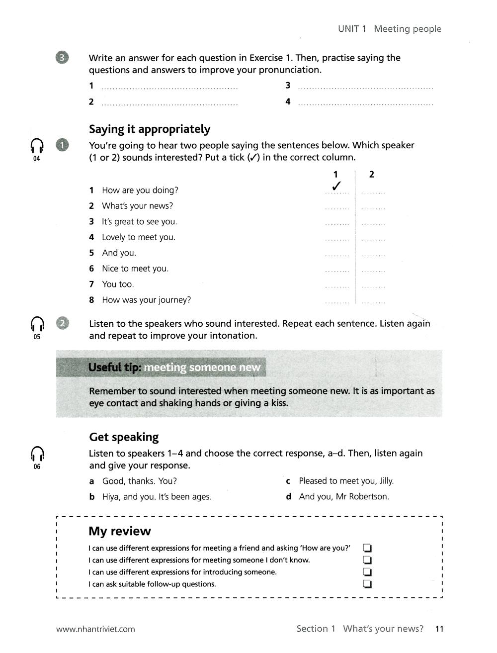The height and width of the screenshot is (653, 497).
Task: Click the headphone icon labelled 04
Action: [x=37, y=146]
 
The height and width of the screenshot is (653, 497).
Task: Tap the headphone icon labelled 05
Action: [x=37, y=324]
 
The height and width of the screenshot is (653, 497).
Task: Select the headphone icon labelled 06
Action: [x=37, y=454]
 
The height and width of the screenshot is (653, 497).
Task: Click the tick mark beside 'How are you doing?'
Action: [x=336, y=187]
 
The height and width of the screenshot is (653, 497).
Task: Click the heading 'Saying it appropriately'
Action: [x=150, y=129]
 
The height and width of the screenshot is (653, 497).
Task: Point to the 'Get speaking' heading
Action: [x=124, y=437]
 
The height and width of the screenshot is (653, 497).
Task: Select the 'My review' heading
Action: [x=119, y=531]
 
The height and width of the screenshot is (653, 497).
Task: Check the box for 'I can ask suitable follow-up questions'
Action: [x=368, y=584]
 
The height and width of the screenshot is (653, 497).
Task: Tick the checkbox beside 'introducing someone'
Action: [x=368, y=572]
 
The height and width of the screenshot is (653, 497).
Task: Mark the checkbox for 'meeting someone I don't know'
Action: [x=368, y=560]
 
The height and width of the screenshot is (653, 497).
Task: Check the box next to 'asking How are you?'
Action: [x=368, y=548]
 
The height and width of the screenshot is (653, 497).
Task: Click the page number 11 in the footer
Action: [x=439, y=629]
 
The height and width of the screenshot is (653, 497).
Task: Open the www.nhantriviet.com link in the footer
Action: [x=95, y=629]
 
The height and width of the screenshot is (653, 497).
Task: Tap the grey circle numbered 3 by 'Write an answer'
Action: [x=62, y=58]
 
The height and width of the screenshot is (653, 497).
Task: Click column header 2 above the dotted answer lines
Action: [x=372, y=175]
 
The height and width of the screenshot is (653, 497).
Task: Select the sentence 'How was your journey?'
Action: [x=146, y=300]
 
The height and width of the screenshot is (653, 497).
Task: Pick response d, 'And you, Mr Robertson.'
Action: [x=343, y=496]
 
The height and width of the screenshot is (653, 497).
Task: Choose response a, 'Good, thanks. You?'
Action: [x=139, y=481]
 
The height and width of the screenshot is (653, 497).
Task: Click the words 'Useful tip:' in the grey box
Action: [x=115, y=368]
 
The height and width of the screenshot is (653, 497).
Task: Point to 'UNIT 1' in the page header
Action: [x=352, y=29]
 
